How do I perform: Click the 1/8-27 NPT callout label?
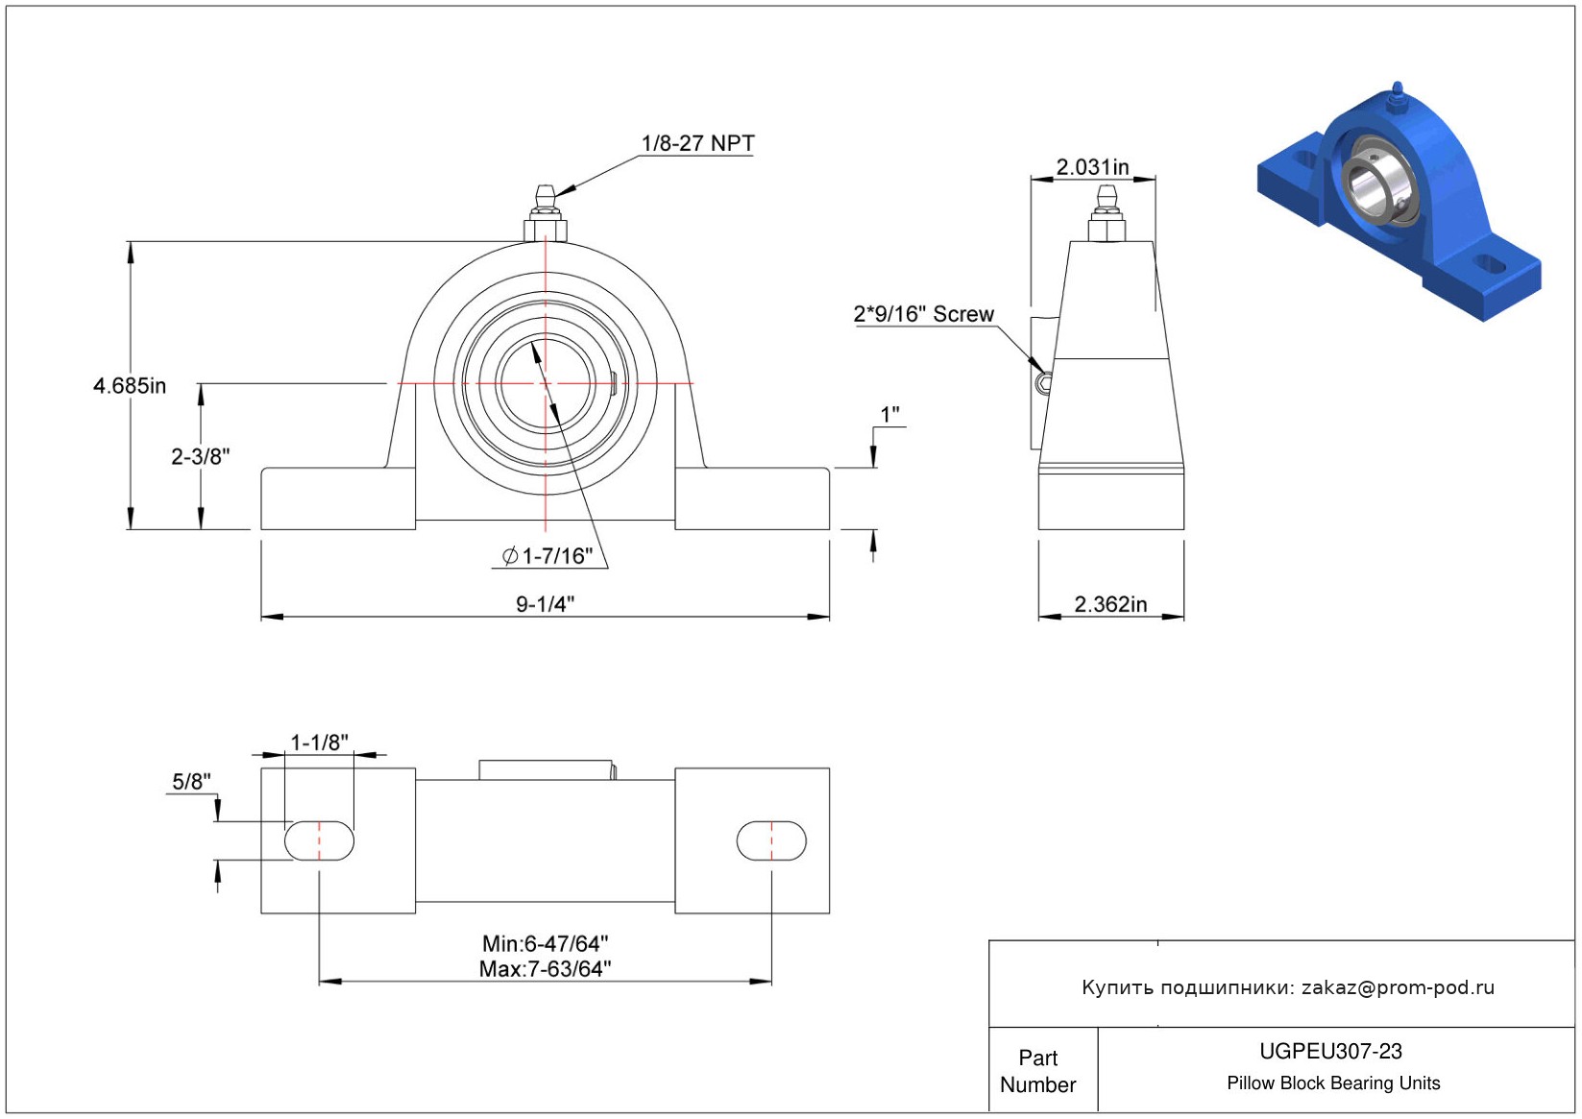coord(697,143)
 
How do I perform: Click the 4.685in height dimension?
coord(130,386)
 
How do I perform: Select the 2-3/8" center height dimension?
coord(201,456)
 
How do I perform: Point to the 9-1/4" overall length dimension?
coord(546,604)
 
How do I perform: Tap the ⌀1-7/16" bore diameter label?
coord(548,556)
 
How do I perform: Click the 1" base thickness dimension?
coord(889,415)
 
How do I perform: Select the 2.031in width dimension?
coord(1092,167)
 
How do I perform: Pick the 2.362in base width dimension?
coord(1111,604)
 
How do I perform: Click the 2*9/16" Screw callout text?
coord(924,314)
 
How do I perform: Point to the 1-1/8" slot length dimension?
coord(320,742)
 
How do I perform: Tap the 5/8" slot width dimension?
coord(191,781)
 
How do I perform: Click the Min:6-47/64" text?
coord(546,944)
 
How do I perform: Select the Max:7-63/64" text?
coord(546,969)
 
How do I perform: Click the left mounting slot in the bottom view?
coord(319,840)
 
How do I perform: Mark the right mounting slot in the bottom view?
coord(771,840)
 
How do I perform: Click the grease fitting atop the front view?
coord(546,213)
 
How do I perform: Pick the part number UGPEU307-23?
coord(1330,1052)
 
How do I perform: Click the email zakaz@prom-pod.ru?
coord(1398,987)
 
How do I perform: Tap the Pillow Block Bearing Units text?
coord(1333,1083)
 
